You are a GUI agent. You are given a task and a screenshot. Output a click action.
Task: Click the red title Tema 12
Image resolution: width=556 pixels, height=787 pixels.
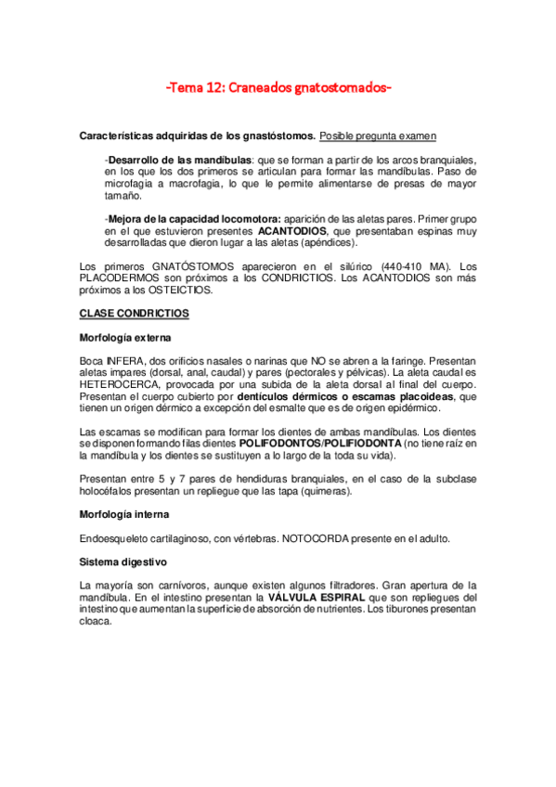click(278, 89)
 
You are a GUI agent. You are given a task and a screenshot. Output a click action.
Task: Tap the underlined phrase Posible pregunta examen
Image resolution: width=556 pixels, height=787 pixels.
click(378, 136)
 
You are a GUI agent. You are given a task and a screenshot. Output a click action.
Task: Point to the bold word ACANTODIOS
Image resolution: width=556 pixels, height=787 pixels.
click(292, 230)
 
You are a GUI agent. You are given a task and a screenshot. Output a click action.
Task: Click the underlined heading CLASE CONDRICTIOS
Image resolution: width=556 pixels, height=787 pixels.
click(135, 314)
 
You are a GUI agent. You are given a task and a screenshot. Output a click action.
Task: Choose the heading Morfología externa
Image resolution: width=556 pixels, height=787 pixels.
click(124, 337)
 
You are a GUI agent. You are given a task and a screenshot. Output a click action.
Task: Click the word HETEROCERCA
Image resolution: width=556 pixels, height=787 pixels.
click(120, 383)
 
